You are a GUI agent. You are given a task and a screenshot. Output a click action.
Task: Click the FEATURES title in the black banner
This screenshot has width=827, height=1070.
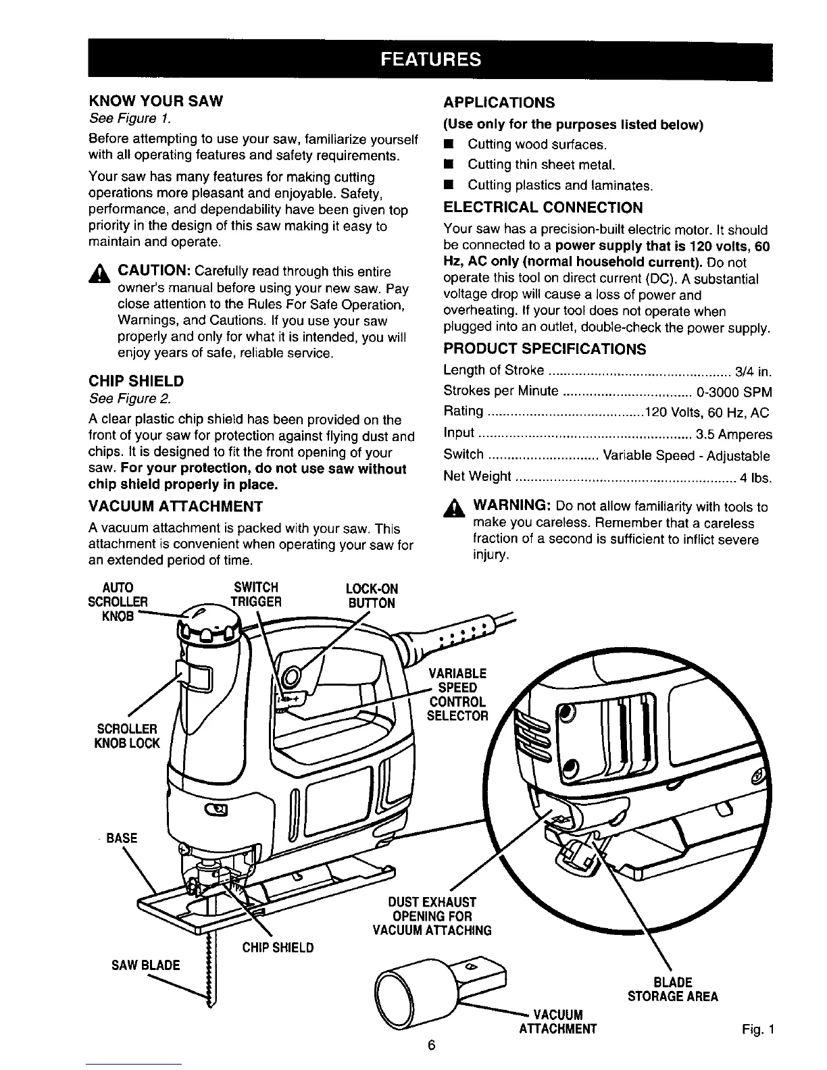(430, 59)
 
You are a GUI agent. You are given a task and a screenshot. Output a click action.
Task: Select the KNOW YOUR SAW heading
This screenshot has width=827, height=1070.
(155, 101)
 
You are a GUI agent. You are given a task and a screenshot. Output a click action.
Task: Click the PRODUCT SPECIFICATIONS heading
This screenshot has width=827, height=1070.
(545, 349)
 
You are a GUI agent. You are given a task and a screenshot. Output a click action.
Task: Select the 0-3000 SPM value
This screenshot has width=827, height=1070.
(738, 392)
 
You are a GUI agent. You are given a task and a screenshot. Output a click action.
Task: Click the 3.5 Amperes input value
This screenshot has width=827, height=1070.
(734, 434)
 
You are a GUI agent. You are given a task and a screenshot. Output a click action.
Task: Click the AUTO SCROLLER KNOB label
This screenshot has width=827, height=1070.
(118, 601)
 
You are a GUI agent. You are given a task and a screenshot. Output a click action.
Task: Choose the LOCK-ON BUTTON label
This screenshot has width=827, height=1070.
(371, 596)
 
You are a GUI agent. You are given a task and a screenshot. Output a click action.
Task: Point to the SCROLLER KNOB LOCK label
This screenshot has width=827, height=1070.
(128, 736)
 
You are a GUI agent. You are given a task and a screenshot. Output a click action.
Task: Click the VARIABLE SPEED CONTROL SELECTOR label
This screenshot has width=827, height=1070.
(457, 694)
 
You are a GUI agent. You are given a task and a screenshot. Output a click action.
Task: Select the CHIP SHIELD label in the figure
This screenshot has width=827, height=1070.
(278, 947)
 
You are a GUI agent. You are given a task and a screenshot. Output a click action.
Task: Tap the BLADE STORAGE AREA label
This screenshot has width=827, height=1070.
(672, 989)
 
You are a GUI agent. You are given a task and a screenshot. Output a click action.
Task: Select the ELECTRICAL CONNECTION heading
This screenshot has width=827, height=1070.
(543, 207)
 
